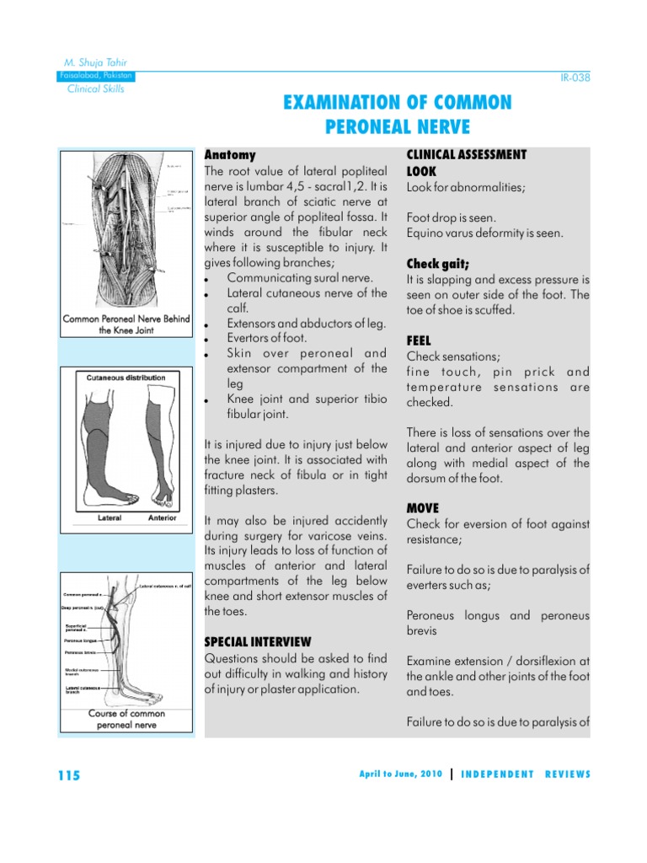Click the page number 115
[70, 775]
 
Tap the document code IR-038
[575, 78]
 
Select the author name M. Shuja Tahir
[96, 63]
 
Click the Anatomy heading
[230, 155]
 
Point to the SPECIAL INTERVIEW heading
[258, 641]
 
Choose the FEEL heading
[419, 340]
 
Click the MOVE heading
[423, 508]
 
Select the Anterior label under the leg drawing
[162, 518]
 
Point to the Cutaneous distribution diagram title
[126, 378]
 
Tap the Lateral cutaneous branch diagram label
[84, 689]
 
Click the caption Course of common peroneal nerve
[126, 719]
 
